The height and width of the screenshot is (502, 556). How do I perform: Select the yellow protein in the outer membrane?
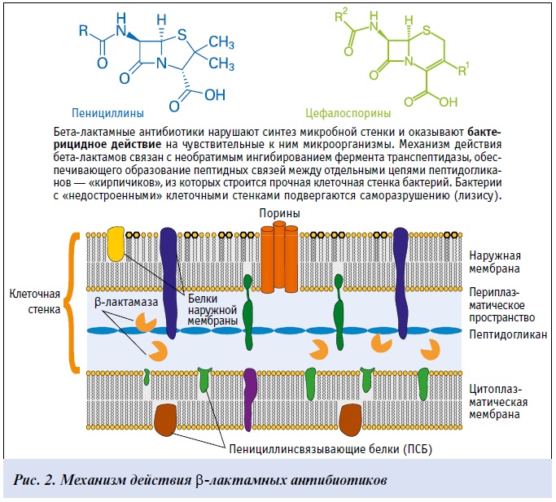117,244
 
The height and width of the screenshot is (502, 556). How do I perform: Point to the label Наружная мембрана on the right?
498,262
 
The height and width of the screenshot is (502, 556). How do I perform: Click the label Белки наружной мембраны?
212,310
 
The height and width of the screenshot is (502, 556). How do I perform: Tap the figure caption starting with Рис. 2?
203,478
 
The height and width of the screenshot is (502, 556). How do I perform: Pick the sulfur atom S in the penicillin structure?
186,34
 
